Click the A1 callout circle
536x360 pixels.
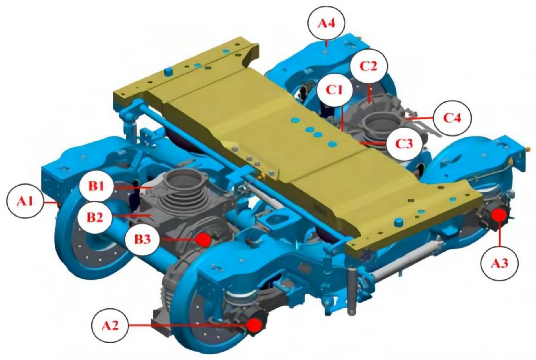pos(25,202)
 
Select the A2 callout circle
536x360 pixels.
pos(110,326)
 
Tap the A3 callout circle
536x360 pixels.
pos(499,263)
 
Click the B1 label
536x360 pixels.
pos(97,186)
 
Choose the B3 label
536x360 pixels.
pos(142,239)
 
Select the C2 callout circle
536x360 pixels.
pos(368,66)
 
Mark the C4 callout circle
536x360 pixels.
pos(453,118)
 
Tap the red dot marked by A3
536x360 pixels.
pos(499,215)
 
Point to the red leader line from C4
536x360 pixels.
pos(420,118)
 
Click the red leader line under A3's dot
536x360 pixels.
pos(499,234)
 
